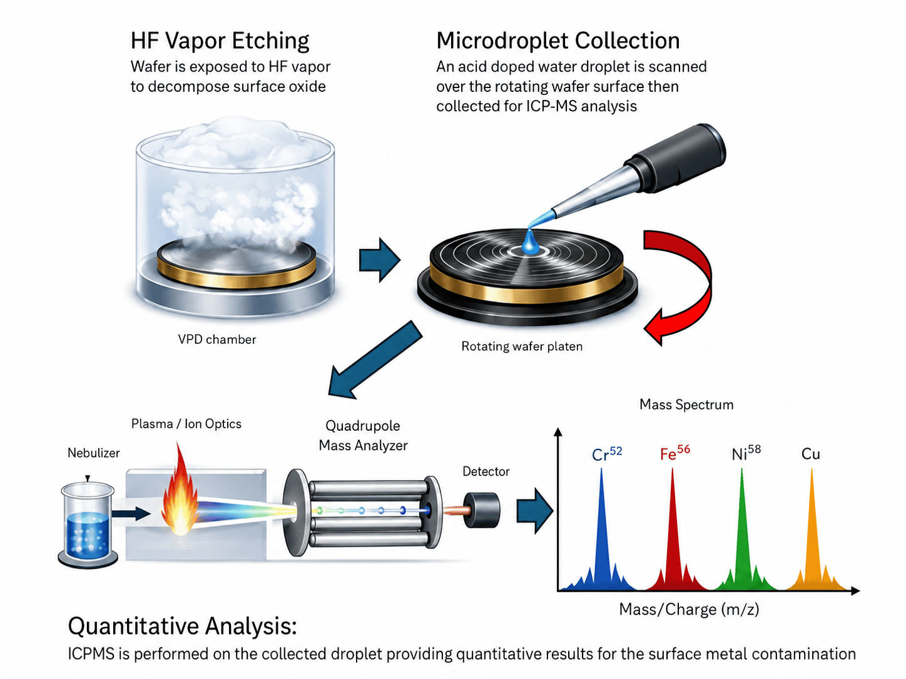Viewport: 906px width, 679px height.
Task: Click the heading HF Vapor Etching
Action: (220, 41)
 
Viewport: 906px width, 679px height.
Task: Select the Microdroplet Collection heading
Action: (557, 41)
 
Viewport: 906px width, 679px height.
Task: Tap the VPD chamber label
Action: (216, 339)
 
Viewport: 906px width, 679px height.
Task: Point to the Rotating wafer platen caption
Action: (522, 346)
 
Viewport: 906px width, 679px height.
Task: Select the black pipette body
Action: (677, 159)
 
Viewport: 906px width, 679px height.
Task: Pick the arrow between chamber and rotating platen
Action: (379, 260)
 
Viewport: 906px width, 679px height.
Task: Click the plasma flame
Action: (180, 493)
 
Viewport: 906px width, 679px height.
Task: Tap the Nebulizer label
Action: (94, 453)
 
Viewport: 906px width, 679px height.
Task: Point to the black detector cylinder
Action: (482, 510)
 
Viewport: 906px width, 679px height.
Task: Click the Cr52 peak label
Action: (607, 453)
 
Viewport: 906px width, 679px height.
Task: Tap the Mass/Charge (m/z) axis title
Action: (689, 610)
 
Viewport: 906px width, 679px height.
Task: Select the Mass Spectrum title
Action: (686, 405)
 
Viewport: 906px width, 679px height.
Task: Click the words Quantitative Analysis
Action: (183, 626)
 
